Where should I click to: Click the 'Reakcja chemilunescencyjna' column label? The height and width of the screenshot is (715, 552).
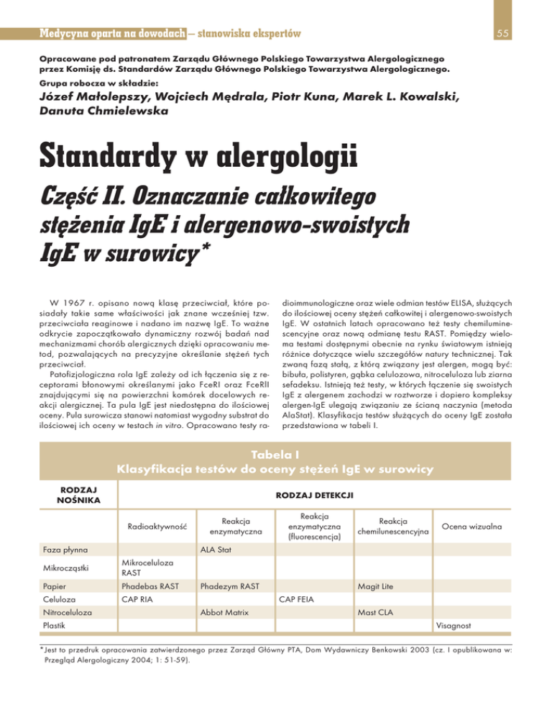pos(394,526)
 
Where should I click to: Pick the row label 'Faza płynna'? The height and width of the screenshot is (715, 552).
pos(60,550)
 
